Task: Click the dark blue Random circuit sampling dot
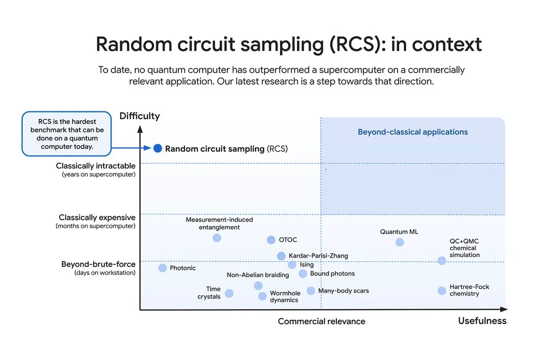(x=157, y=148)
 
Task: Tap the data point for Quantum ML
(x=399, y=242)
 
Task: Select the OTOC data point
(x=271, y=240)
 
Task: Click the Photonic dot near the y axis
(x=162, y=268)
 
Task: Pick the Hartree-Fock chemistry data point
(x=442, y=291)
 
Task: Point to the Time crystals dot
(x=229, y=293)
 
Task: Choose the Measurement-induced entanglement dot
(x=217, y=238)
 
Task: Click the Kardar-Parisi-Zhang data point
(x=281, y=256)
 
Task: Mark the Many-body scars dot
(x=311, y=291)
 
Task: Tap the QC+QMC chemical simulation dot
(x=442, y=260)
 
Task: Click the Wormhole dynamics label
(x=285, y=297)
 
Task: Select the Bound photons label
(x=332, y=274)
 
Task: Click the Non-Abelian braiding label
(x=258, y=275)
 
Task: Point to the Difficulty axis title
(x=140, y=116)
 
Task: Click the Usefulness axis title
(x=482, y=321)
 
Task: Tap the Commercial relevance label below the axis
(x=321, y=321)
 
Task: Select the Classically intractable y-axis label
(x=96, y=166)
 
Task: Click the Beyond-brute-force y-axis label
(x=98, y=265)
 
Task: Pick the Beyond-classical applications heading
(x=413, y=132)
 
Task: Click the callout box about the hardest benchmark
(x=66, y=133)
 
